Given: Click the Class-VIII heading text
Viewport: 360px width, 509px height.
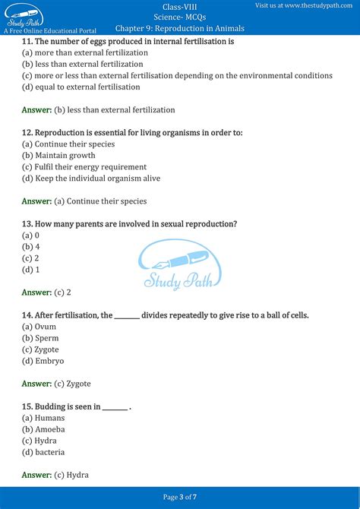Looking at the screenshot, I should (x=179, y=6).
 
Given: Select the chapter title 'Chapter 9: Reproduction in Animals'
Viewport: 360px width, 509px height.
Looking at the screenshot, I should (x=180, y=29).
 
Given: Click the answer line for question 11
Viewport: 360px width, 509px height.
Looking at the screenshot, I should (x=98, y=110).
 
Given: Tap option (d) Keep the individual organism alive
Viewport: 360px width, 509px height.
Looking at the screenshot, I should (x=90, y=179).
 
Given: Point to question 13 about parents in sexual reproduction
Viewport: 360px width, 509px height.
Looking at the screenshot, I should (x=129, y=224).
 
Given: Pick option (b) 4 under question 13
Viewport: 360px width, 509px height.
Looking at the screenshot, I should (x=30, y=247).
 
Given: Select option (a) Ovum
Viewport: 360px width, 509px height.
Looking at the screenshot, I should (x=39, y=327).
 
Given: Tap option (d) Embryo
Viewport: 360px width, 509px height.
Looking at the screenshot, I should (x=43, y=361).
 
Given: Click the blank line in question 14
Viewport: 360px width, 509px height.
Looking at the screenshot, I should (x=127, y=316).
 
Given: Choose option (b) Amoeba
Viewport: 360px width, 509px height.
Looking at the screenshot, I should (x=43, y=429).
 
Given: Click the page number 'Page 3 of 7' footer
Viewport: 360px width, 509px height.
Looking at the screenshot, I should (x=180, y=497).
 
